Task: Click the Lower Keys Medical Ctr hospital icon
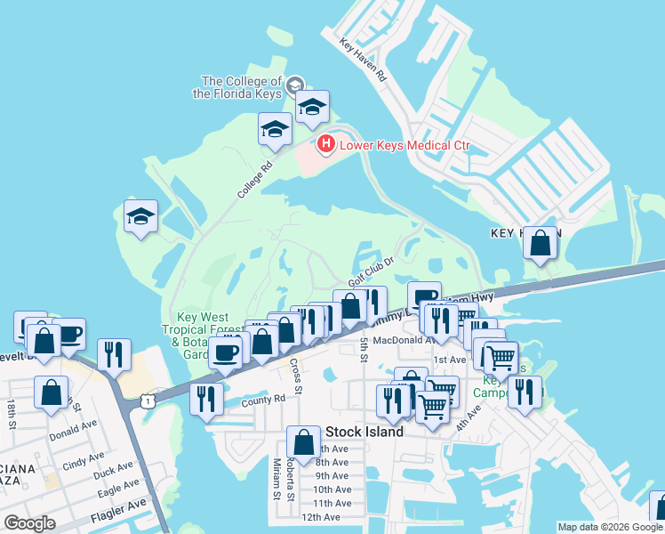(326, 143)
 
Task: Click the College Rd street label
(253, 180)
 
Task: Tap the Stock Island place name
(365, 432)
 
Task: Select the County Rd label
(262, 400)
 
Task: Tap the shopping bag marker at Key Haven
(540, 242)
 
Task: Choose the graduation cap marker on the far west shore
(140, 216)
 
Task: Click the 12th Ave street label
(321, 517)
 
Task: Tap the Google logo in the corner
(30, 522)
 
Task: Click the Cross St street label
(296, 376)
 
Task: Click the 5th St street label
(364, 348)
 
